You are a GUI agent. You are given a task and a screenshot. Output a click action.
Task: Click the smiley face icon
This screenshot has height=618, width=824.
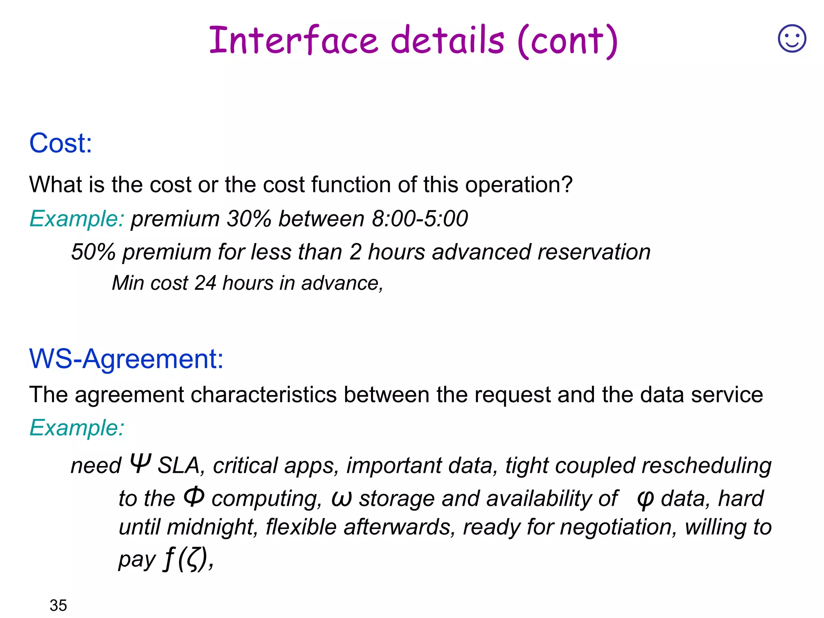point(792,39)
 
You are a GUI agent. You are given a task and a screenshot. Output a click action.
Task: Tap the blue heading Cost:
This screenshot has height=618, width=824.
point(61,143)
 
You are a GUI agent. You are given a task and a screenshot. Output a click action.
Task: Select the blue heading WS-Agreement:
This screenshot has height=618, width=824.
point(126,358)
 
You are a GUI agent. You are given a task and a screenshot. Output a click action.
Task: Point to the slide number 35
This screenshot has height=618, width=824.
point(58,605)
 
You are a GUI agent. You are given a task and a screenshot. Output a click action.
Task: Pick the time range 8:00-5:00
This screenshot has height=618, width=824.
point(420,219)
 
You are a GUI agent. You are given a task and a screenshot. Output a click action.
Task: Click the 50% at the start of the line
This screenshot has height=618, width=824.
point(93,252)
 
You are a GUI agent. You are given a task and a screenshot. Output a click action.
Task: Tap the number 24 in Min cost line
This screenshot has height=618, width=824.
point(205,283)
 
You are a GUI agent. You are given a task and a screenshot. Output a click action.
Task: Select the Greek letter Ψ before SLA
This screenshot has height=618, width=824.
point(140,463)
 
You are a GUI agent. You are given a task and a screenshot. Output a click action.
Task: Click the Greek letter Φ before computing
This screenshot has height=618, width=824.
point(194,497)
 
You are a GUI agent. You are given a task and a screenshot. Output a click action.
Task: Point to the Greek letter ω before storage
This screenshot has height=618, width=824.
point(341,499)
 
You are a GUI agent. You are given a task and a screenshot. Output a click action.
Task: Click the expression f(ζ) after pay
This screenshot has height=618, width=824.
point(186,559)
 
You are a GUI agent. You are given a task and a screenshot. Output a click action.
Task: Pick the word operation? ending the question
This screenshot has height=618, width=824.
point(519,185)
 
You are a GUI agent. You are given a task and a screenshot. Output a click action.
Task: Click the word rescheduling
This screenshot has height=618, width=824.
point(707,466)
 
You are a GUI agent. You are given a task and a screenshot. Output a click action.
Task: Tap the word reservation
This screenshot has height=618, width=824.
point(594,252)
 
